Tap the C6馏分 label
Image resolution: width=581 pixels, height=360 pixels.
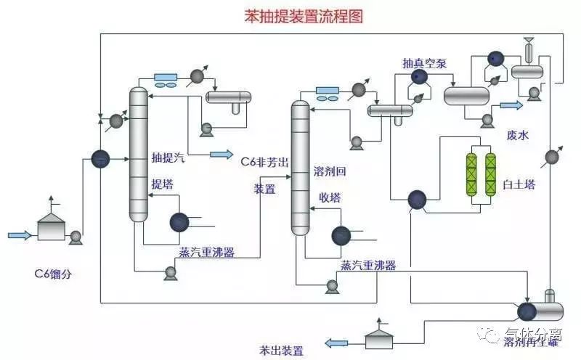[55, 274]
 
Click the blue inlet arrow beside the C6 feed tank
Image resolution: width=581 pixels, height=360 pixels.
[20, 234]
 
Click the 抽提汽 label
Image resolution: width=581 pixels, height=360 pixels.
[168, 157]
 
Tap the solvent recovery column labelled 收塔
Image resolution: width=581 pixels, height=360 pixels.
[300, 167]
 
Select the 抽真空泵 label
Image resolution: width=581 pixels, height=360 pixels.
[425, 63]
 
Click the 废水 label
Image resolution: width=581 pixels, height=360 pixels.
[516, 136]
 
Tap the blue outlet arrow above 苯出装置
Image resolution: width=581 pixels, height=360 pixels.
[336, 343]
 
